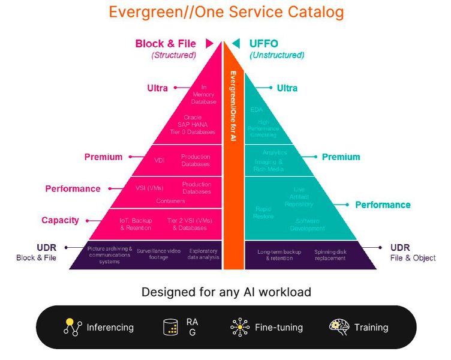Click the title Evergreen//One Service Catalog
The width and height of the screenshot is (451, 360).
[226, 12]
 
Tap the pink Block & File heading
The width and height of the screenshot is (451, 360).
[166, 43]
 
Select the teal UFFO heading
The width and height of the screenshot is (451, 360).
[264, 43]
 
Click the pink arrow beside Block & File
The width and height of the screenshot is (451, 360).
[209, 43]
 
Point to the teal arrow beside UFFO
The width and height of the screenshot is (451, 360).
[236, 43]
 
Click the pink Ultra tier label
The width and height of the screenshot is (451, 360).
[157, 88]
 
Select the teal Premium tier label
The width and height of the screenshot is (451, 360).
[341, 157]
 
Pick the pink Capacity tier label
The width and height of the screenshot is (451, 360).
[60, 220]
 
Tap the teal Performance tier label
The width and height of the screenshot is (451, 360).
[383, 205]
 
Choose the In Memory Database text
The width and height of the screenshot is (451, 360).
[203, 94]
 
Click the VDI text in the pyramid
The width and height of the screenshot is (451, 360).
[160, 160]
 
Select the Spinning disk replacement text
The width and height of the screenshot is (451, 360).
[329, 255]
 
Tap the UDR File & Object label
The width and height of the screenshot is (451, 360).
[413, 253]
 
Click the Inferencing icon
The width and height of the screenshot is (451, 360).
[73, 327]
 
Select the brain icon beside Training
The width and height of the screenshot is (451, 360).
[339, 327]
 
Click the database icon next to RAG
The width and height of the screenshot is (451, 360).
[171, 327]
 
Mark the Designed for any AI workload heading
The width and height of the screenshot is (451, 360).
[226, 292]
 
